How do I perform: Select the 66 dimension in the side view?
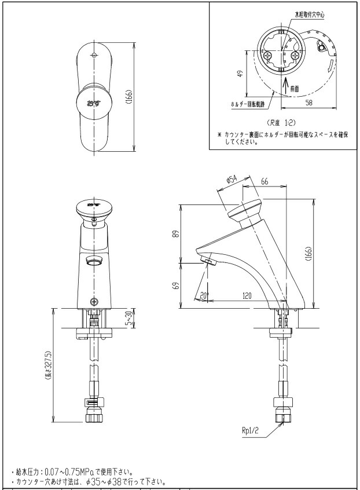click(265, 181)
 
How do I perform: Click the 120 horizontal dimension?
click(248, 295)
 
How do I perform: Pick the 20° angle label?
click(203, 295)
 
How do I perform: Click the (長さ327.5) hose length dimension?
click(49, 365)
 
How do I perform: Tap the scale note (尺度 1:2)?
click(281, 123)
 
